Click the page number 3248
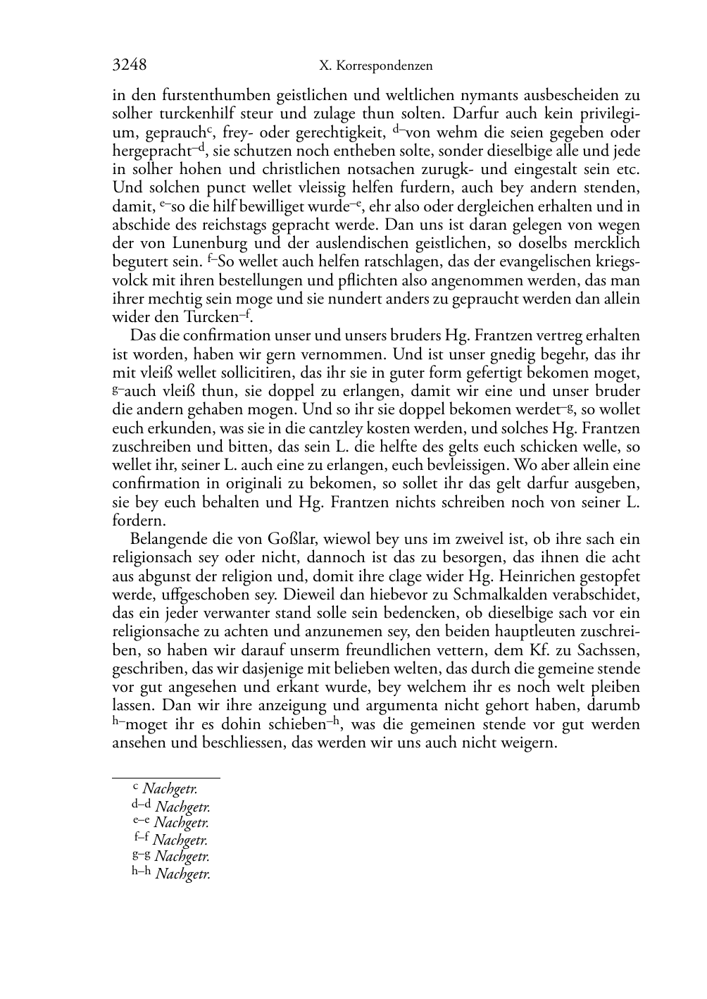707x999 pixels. pyautogui.click(x=130, y=66)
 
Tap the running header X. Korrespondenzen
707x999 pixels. pyautogui.click(x=375, y=66)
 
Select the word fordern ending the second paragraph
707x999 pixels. pyautogui.click(x=139, y=521)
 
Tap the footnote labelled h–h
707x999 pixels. pyautogui.click(x=171, y=874)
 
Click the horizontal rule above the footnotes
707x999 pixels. pyautogui.click(x=166, y=778)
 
